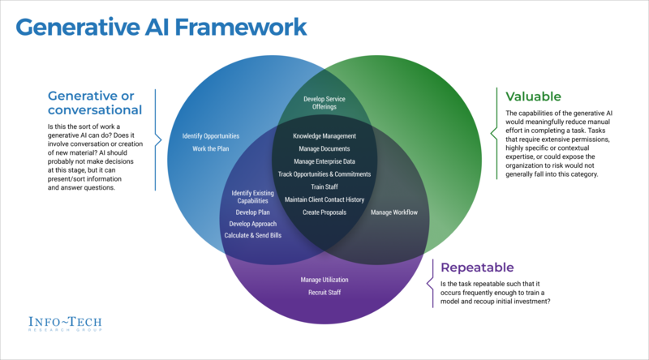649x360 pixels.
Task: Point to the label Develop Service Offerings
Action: pyautogui.click(x=324, y=103)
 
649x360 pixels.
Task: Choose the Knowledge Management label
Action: pyautogui.click(x=324, y=136)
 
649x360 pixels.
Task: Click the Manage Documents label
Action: pyautogui.click(x=324, y=148)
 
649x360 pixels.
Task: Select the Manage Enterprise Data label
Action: pyautogui.click(x=324, y=161)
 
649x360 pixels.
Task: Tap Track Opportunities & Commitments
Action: pyautogui.click(x=324, y=174)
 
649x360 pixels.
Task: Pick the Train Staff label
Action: pyautogui.click(x=324, y=186)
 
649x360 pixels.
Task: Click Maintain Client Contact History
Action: pyautogui.click(x=324, y=199)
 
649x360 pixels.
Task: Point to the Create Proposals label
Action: pyautogui.click(x=324, y=212)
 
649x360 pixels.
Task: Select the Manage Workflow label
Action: pyautogui.click(x=394, y=212)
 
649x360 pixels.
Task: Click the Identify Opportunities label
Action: pyautogui.click(x=211, y=135)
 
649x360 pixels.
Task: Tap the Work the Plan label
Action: pyautogui.click(x=211, y=148)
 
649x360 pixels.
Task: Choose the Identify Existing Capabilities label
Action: pyautogui.click(x=252, y=197)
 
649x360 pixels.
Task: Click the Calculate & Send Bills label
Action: pyautogui.click(x=252, y=235)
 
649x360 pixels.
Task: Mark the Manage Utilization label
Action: pyautogui.click(x=324, y=279)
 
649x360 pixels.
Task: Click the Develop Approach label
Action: pyautogui.click(x=252, y=223)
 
